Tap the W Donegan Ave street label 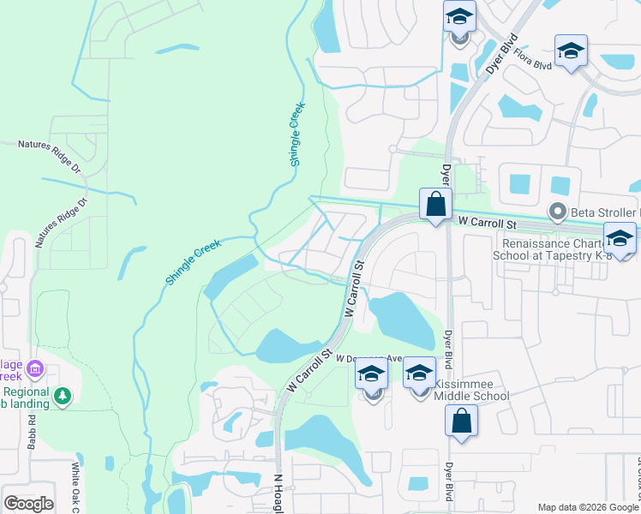368,359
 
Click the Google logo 28,504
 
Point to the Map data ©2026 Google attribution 588,506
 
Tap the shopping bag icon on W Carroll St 436,206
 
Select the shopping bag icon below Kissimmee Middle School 461,421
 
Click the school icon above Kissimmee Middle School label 419,374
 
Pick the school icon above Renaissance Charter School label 620,239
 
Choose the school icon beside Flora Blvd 571,52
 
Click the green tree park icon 62,396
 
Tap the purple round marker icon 35,370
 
